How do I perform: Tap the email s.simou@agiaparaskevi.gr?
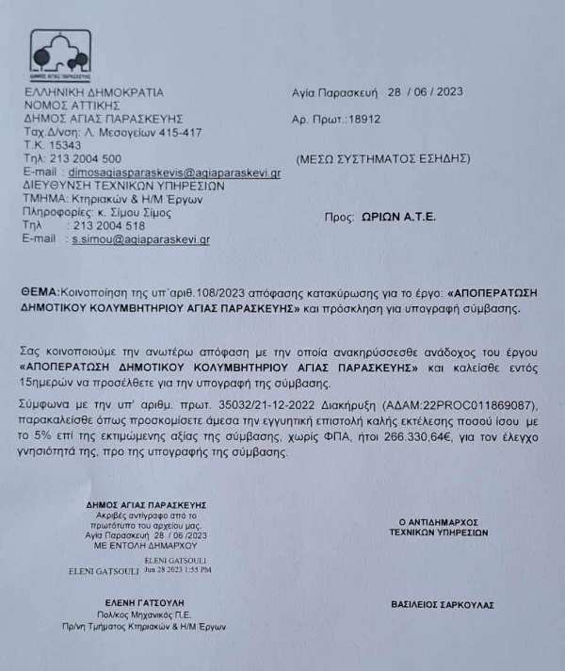pyautogui.click(x=141, y=240)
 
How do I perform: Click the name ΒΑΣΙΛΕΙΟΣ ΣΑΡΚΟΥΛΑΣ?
pyautogui.click(x=442, y=604)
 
